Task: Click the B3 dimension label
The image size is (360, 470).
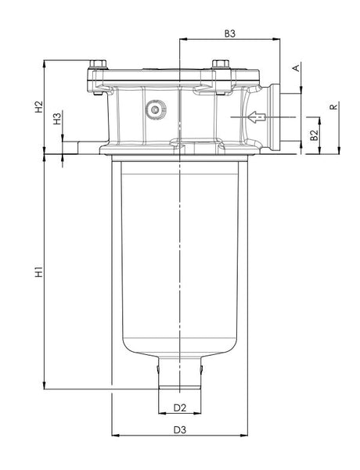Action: [230, 34]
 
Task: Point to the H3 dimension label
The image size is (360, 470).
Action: [56, 119]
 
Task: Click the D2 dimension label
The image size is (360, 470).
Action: [179, 408]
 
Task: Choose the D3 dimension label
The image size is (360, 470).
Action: [179, 430]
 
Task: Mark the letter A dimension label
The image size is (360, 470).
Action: [296, 69]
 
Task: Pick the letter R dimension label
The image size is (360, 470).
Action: [334, 106]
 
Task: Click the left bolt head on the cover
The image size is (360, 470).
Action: [96, 66]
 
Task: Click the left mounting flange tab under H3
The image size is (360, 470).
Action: [82, 148]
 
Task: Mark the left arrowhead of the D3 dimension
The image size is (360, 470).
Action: [117, 436]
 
